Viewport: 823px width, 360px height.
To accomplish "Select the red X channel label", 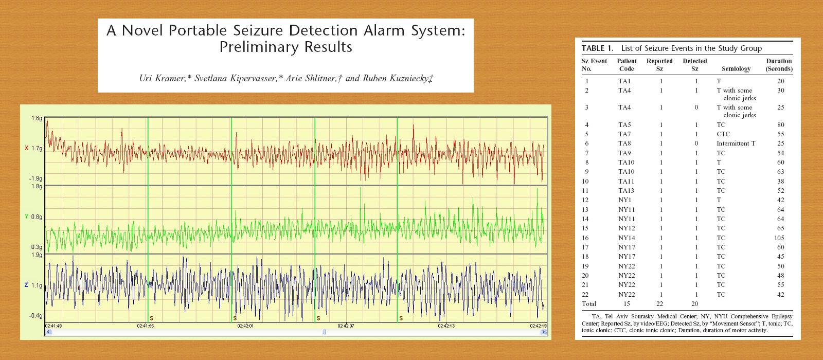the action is (x=26, y=148).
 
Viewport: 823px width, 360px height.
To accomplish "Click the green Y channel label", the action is (x=26, y=217).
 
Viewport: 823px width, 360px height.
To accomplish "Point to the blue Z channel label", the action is (x=26, y=285).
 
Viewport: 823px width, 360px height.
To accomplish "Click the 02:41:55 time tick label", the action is (x=146, y=326).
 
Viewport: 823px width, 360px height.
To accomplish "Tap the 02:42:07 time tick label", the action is (x=346, y=326).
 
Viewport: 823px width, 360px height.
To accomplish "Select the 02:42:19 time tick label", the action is (x=538, y=326).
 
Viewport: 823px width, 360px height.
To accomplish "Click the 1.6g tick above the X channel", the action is (x=37, y=118).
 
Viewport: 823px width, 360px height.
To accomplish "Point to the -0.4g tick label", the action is (x=36, y=316).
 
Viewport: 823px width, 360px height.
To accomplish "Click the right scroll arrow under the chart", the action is (x=543, y=332).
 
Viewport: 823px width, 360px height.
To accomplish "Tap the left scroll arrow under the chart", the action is (x=48, y=332).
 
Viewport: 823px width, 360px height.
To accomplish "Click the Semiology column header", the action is (x=736, y=69).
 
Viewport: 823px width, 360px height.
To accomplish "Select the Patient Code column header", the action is (x=627, y=65).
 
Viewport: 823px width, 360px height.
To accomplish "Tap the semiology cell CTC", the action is (x=723, y=134).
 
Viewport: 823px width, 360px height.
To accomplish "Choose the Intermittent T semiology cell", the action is (x=736, y=143).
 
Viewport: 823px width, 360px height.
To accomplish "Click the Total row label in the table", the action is (x=589, y=304).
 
